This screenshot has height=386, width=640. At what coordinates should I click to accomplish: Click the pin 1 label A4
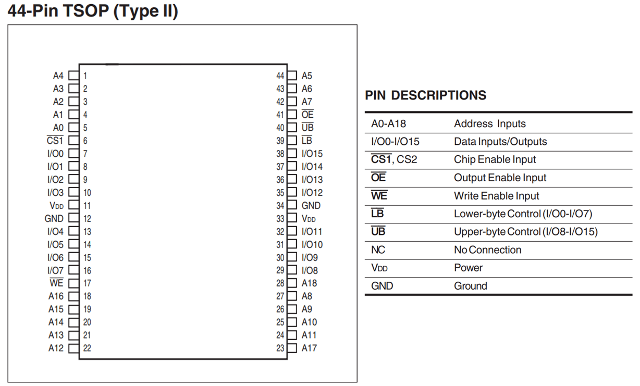tap(58, 76)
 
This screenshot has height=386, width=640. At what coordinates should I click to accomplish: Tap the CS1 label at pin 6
tap(55, 141)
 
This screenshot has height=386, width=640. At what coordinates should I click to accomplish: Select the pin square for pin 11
tap(73, 206)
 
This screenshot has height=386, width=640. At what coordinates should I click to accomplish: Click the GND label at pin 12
tap(54, 219)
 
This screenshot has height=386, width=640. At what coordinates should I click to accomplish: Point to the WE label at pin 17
tap(56, 283)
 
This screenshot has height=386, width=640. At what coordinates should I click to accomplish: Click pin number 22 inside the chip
tap(87, 348)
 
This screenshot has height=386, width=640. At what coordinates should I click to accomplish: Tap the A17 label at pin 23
tap(309, 348)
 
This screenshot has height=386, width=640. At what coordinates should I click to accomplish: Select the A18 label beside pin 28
tap(309, 283)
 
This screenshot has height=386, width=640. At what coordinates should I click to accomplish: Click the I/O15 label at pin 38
tap(312, 154)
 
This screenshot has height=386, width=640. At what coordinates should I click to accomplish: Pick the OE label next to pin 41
tap(307, 115)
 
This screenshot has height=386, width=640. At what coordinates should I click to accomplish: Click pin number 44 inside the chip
tap(280, 76)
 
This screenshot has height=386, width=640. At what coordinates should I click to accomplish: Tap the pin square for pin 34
tap(292, 206)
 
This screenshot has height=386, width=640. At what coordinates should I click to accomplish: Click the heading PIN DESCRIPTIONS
tap(425, 95)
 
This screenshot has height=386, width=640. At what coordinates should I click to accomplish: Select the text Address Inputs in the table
tap(489, 124)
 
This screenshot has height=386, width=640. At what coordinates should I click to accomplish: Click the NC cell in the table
tap(378, 250)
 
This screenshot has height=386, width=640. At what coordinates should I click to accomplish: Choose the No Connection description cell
tap(487, 250)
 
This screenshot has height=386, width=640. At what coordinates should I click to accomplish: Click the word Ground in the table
tap(470, 286)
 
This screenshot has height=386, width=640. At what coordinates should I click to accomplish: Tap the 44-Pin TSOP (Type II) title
tap(93, 11)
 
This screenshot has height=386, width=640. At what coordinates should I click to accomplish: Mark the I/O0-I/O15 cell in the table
tap(395, 142)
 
